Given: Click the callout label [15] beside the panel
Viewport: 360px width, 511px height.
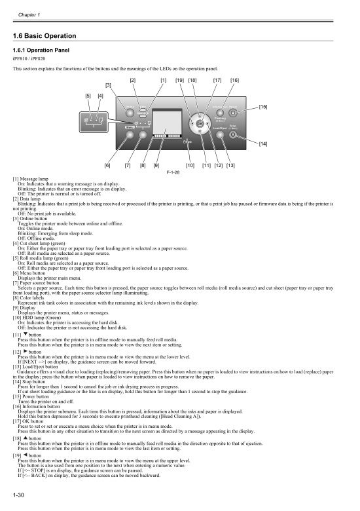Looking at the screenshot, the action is tap(263, 106).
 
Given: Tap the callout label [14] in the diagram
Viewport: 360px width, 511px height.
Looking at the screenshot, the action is tap(263, 143).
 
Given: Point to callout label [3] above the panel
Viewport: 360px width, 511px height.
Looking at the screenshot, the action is tap(109, 85).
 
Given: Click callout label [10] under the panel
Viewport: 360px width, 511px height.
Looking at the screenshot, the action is tap(190, 166).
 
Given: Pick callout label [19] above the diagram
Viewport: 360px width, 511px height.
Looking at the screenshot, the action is tap(179, 80).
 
